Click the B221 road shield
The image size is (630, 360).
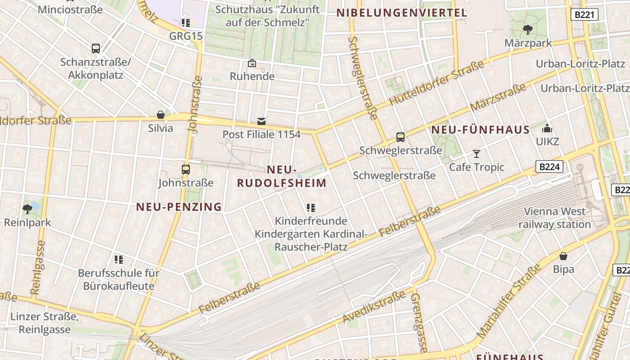(585, 14)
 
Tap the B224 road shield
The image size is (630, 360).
(549, 167)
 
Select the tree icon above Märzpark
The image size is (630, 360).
(528, 30)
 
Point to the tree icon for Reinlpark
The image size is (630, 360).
(27, 209)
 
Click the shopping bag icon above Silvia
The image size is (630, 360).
(160, 115)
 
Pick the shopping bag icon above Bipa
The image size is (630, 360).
(563, 256)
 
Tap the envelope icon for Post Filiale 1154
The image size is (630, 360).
(261, 121)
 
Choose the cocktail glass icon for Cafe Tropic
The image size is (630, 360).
(477, 154)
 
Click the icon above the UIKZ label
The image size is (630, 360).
(547, 129)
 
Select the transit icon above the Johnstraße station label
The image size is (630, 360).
(185, 170)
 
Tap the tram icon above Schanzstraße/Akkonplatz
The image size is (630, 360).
(95, 49)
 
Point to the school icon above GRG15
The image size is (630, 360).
(185, 23)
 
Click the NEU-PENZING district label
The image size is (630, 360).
(179, 207)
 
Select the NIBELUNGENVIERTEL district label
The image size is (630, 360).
(402, 13)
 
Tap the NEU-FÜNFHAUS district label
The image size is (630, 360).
(481, 130)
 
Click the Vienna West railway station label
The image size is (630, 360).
(554, 218)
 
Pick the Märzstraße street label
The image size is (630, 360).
(498, 98)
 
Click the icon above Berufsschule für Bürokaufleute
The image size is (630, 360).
(118, 259)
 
